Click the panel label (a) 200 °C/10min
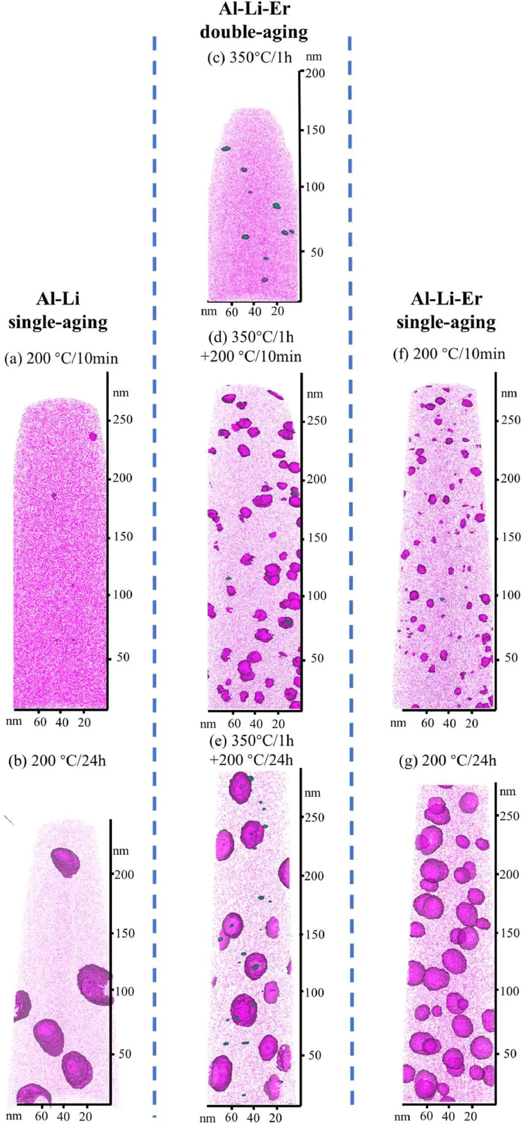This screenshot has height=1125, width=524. tap(61, 359)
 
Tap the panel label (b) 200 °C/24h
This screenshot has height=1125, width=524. tap(57, 761)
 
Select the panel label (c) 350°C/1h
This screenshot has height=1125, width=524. tap(249, 58)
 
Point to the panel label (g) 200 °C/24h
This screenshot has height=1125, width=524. tap(447, 761)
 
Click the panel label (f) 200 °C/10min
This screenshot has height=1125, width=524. tap(449, 354)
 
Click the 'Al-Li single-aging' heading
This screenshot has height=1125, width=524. tap(58, 310)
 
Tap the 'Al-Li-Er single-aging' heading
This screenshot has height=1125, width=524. tap(446, 310)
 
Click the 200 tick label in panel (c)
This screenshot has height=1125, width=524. tap(315, 74)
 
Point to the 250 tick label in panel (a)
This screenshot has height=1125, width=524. tap(123, 419)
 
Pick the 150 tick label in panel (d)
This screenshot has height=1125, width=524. tap(317, 538)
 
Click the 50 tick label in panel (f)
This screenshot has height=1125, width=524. tap(511, 658)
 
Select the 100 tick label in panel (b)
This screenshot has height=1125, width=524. tap(124, 991)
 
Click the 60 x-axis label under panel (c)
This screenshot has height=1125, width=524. tap(231, 312)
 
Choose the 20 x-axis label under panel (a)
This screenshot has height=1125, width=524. tap(84, 722)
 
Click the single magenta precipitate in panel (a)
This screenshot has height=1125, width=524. tap(93, 437)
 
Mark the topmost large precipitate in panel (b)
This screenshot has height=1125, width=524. tap(65, 862)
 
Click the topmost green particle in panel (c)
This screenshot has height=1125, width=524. tap(226, 148)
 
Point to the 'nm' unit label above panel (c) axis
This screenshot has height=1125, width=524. tap(314, 57)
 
